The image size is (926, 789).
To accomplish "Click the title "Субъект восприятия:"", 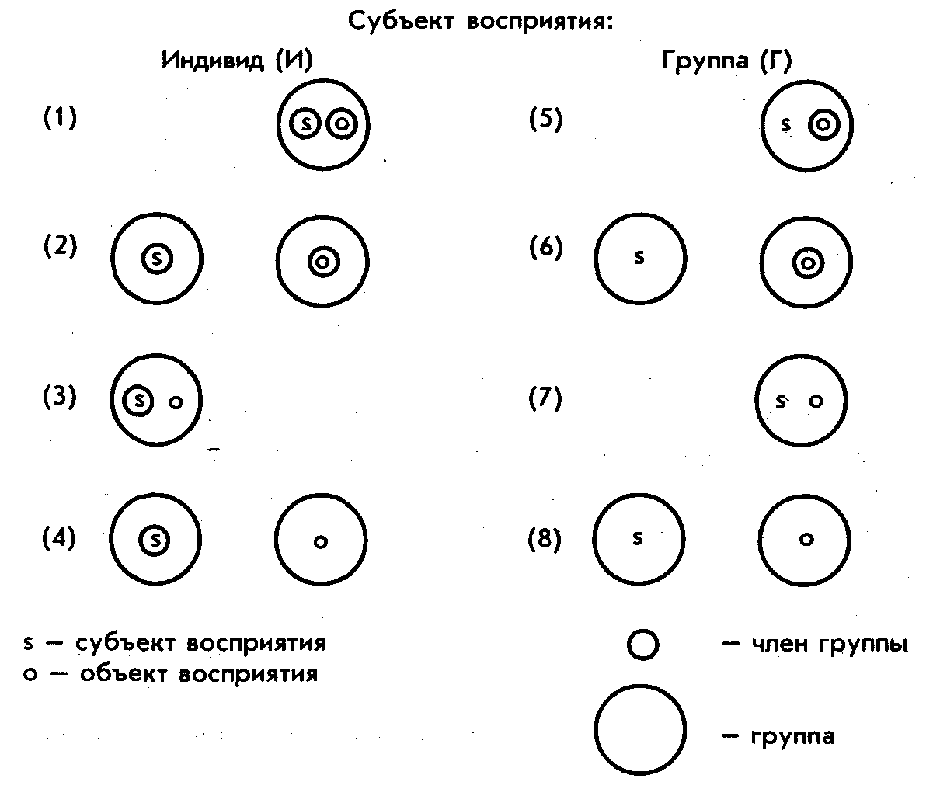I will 482,21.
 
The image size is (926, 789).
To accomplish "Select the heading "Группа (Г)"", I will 726,62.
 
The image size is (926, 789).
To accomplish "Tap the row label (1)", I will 60,119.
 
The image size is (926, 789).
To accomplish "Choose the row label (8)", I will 545,539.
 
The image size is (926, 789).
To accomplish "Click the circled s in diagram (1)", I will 306,123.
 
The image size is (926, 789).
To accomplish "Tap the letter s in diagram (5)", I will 786,124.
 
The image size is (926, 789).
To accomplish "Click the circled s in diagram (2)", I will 156,259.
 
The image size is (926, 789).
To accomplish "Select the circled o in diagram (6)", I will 808,264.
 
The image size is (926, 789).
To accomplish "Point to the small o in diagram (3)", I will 176,402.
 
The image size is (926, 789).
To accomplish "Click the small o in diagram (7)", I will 815,401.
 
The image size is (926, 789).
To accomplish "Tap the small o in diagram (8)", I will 806,540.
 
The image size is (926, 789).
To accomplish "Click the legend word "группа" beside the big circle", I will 792,735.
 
